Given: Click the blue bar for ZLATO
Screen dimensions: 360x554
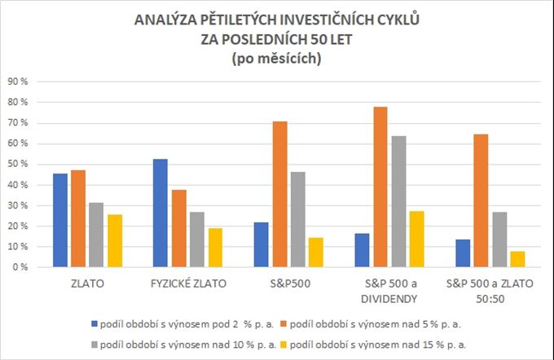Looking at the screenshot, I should pos(59,220).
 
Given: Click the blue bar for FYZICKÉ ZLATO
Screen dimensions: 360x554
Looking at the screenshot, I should pos(160,213).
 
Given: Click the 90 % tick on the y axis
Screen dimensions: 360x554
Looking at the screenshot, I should pos(17,81).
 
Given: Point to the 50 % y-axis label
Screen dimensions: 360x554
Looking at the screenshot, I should pos(17,164).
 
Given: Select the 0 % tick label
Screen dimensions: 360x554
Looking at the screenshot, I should pos(20,267).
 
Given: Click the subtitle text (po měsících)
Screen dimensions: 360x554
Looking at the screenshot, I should pos(277,58).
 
